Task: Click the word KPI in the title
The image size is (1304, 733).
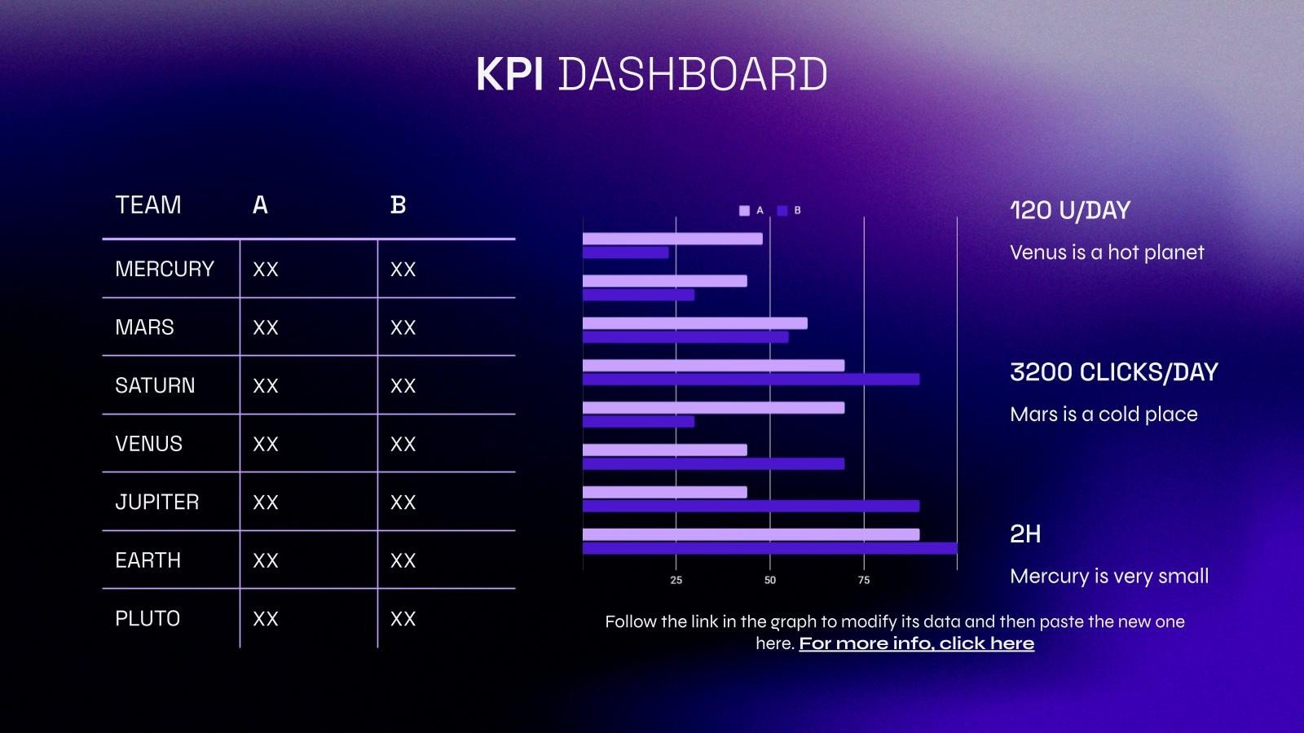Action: click(509, 74)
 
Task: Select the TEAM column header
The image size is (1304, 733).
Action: click(148, 205)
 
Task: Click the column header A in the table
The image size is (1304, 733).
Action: click(260, 205)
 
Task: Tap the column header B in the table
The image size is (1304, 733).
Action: click(398, 205)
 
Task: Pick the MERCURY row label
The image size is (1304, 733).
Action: click(165, 269)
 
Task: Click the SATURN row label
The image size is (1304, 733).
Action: click(155, 385)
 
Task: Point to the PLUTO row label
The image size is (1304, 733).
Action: click(148, 619)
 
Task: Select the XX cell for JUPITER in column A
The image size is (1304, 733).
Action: click(266, 503)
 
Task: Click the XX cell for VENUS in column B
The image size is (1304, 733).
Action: click(403, 444)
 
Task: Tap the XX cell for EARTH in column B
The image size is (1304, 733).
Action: click(403, 560)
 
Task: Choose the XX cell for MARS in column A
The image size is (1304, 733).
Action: click(266, 327)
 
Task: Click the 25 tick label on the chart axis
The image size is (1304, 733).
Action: click(676, 580)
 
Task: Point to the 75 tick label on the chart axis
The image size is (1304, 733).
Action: click(864, 580)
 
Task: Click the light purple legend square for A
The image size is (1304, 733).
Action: click(744, 211)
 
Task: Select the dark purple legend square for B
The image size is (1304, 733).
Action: click(782, 211)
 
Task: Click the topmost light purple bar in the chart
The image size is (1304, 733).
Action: click(672, 239)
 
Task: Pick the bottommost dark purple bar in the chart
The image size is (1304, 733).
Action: click(769, 549)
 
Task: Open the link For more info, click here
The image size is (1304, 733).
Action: click(916, 643)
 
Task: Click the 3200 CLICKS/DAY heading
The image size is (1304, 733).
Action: click(1113, 372)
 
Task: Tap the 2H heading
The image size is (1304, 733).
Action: click(1025, 534)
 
